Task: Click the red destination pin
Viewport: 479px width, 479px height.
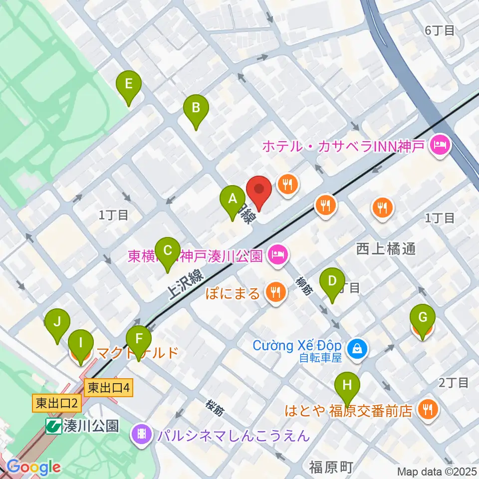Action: tap(259, 191)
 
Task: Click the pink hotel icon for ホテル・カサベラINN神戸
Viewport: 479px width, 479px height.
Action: tap(442, 146)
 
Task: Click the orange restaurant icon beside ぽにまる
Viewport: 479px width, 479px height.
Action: tap(275, 292)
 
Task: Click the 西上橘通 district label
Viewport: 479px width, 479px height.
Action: tap(386, 248)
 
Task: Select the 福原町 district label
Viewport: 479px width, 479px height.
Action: tap(331, 468)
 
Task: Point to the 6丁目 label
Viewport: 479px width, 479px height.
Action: tap(440, 30)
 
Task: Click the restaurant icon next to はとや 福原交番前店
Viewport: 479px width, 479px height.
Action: tap(429, 410)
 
